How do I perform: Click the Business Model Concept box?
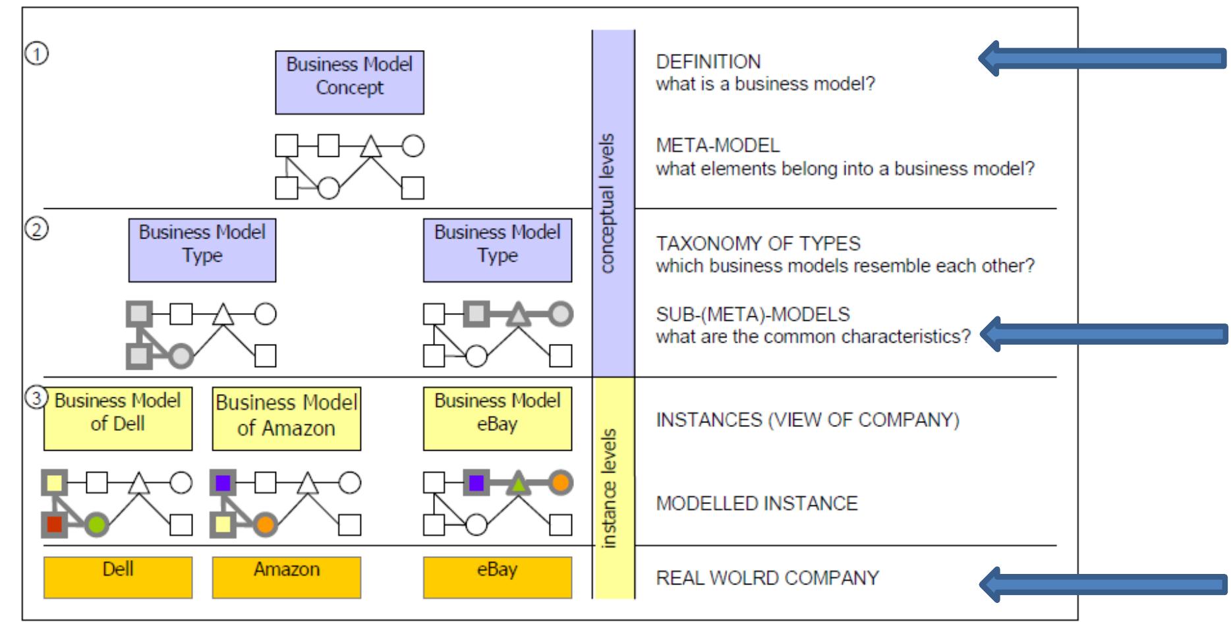(349, 82)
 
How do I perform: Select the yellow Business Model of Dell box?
(118, 418)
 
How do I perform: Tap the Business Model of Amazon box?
(286, 418)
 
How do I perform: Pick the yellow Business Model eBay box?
(497, 418)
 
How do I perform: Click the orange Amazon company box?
(286, 577)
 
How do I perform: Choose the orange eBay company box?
(497, 577)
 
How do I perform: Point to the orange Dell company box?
(118, 577)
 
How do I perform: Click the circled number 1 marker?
(37, 53)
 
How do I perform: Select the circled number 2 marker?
(37, 229)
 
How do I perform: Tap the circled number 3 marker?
(37, 397)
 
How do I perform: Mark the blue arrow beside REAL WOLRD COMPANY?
(1102, 584)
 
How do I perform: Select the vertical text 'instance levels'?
(608, 488)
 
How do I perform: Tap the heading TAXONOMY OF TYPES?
(758, 243)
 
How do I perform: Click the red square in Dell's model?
(55, 525)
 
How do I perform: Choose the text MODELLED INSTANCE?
(757, 503)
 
